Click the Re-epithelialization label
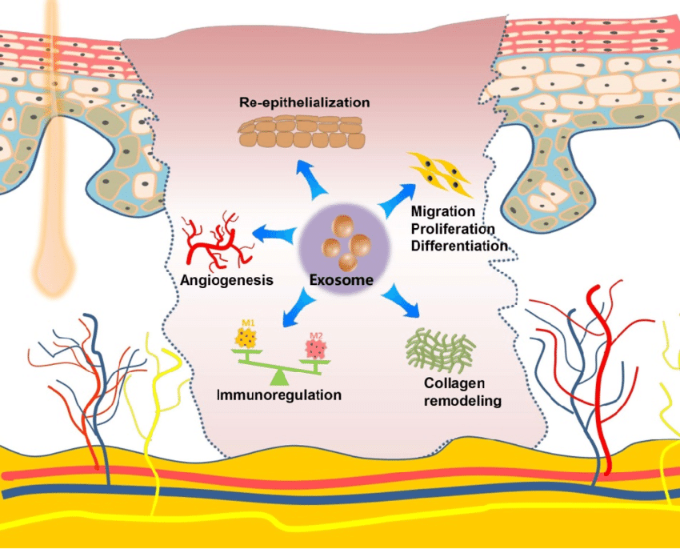click(x=304, y=102)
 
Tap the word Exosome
click(x=342, y=280)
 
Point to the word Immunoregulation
click(x=279, y=395)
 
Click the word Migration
click(x=442, y=211)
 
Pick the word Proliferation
click(x=451, y=228)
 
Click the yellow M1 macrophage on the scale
click(x=248, y=343)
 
